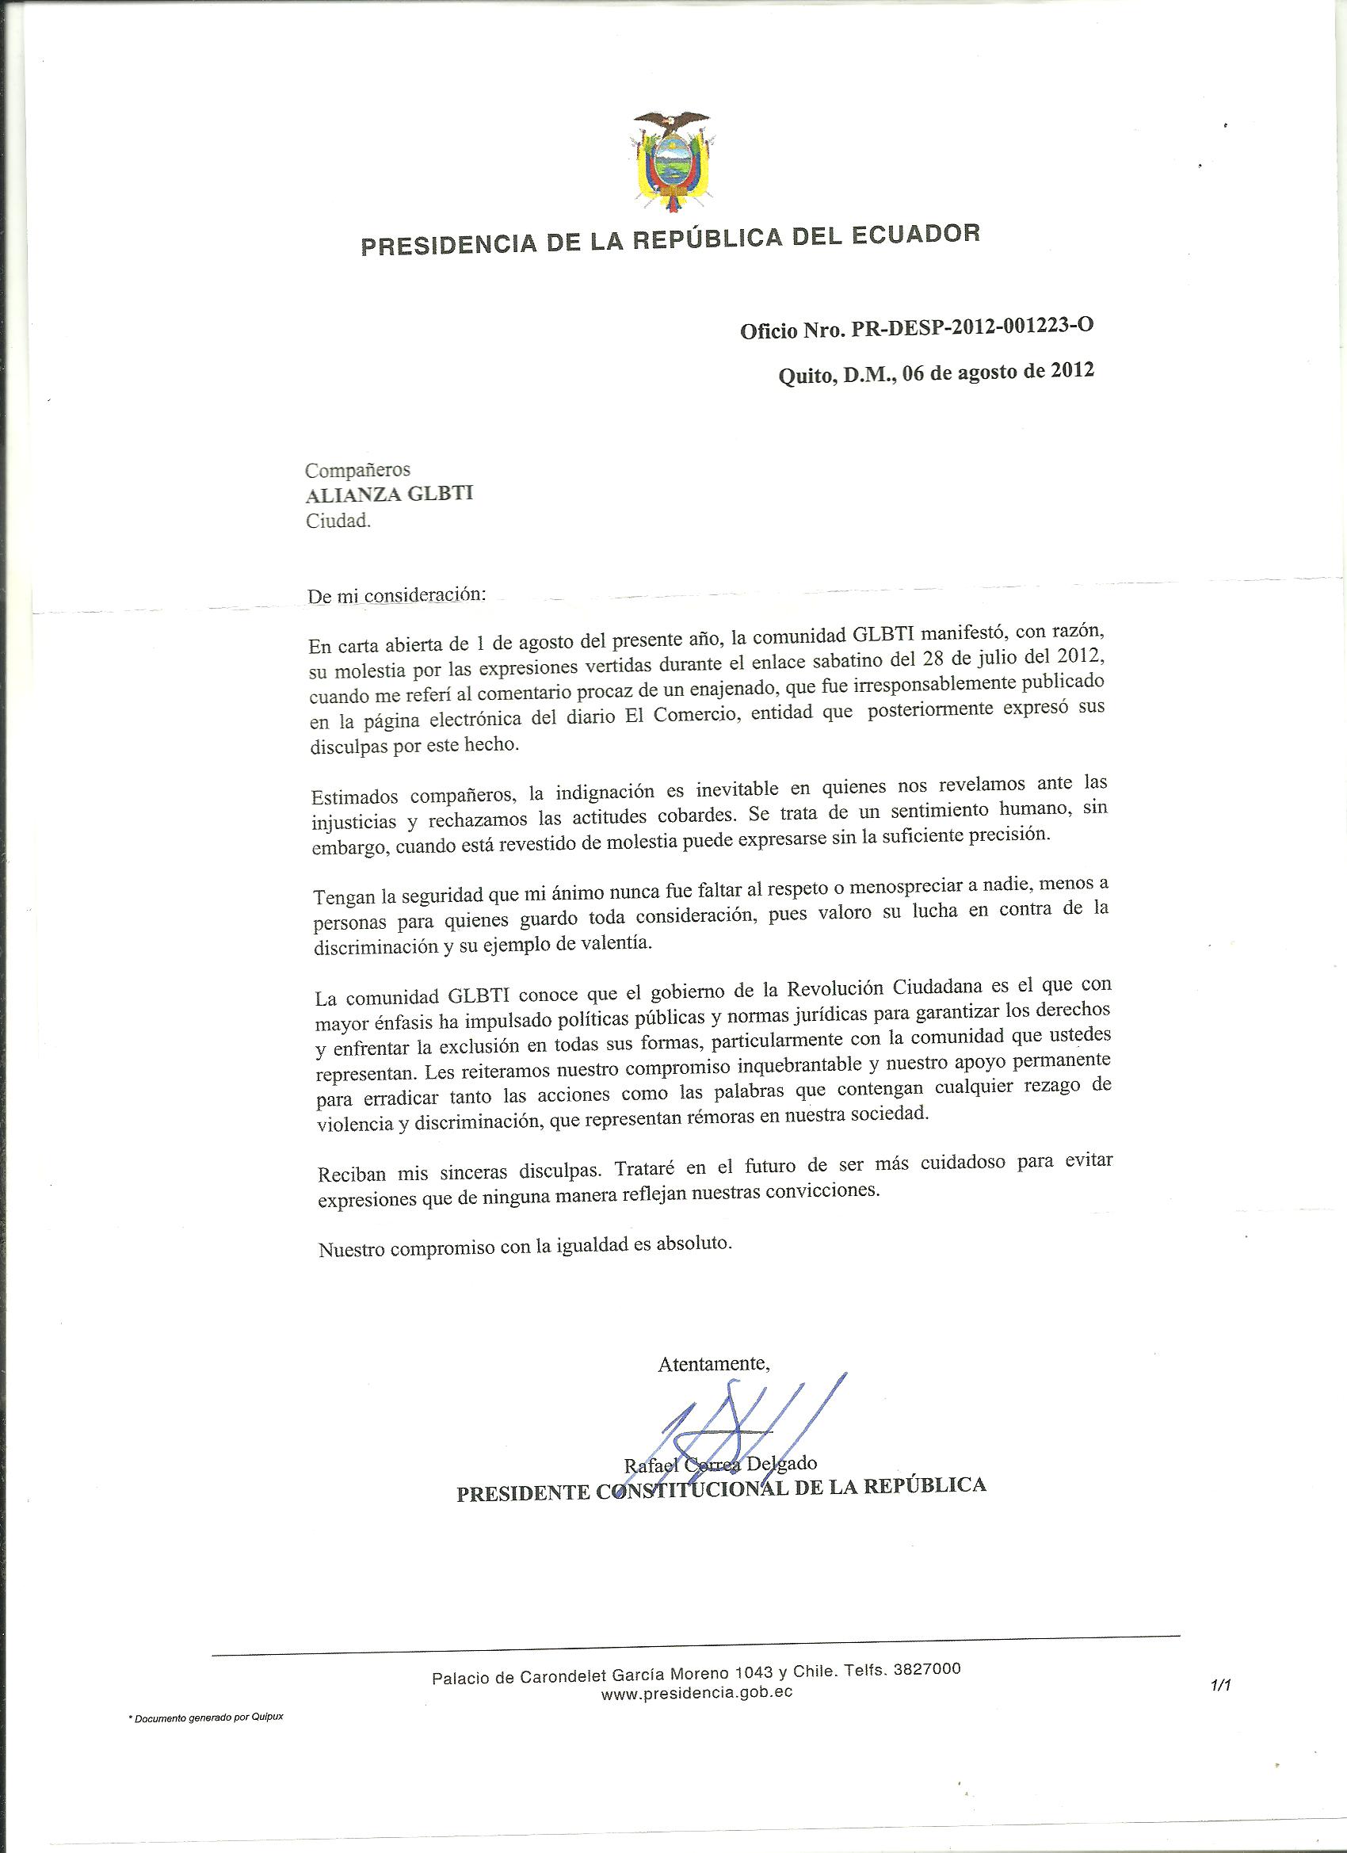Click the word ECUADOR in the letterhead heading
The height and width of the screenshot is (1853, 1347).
coord(909,236)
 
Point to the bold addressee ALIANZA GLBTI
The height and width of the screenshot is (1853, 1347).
coord(389,495)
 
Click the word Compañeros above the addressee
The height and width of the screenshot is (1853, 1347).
coord(357,470)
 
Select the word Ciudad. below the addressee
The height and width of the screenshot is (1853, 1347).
coord(338,522)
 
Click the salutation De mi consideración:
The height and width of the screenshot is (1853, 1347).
coord(396,596)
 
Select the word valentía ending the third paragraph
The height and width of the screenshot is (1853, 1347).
coord(611,943)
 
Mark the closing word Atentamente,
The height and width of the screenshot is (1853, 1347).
coord(713,1364)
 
